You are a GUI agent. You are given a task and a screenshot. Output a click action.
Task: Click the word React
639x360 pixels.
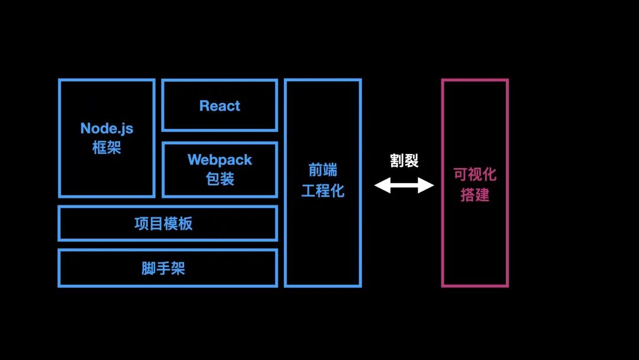[x=220, y=106]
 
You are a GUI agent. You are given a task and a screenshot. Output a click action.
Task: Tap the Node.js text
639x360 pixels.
[x=107, y=128]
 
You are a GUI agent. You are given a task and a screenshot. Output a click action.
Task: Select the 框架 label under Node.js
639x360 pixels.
[x=107, y=147]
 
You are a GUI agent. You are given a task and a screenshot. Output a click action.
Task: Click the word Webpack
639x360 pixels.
[x=220, y=160]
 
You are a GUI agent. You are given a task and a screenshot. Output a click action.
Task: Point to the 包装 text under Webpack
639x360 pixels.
[x=220, y=178]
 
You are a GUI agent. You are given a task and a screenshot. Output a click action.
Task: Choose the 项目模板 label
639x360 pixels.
[x=163, y=224]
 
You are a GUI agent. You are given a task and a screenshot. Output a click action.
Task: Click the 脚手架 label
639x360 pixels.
[x=163, y=268]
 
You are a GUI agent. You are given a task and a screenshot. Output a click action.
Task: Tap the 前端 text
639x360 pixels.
[x=323, y=171]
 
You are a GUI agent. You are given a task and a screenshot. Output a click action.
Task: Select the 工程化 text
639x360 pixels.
[x=323, y=191]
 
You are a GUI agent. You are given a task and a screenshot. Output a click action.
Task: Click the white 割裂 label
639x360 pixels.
[x=404, y=160]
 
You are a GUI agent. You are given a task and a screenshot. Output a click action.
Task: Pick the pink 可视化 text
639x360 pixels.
[x=475, y=174]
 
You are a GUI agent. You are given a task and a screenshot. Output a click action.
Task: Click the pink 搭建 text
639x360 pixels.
[x=475, y=194]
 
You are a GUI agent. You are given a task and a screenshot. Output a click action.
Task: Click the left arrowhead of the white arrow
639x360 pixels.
[x=380, y=186]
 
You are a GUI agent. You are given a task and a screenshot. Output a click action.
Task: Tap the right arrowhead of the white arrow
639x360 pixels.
[x=428, y=186]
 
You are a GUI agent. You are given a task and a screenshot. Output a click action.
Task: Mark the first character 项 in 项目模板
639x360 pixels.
[x=142, y=224]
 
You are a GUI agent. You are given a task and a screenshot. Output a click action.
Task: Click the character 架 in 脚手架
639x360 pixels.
[x=178, y=268]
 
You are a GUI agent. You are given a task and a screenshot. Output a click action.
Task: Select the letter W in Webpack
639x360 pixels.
[x=194, y=160]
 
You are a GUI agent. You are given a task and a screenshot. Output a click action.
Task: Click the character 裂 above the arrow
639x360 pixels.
[x=412, y=160]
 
